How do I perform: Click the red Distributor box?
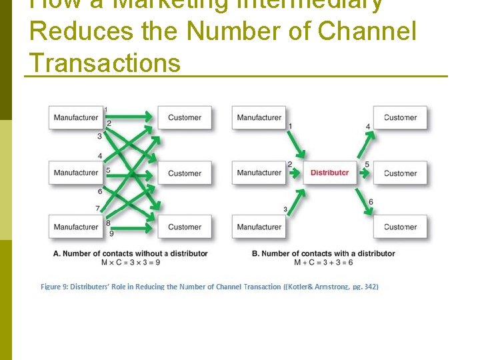(x=329, y=173)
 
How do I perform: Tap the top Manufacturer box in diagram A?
(x=76, y=118)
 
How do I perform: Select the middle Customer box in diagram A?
(x=185, y=173)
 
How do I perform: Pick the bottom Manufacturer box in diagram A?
(x=76, y=227)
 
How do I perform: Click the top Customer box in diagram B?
(x=400, y=118)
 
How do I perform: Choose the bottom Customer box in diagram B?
(x=400, y=227)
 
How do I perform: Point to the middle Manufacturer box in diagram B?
(x=259, y=173)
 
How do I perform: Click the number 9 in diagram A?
(x=111, y=233)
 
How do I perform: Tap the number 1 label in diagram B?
(x=290, y=126)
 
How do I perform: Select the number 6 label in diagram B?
(x=371, y=202)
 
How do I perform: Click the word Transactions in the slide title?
(x=105, y=63)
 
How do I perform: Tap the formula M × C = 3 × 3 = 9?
(x=130, y=262)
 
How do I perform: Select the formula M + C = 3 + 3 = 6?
(x=324, y=262)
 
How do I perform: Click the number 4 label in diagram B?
(x=368, y=127)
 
